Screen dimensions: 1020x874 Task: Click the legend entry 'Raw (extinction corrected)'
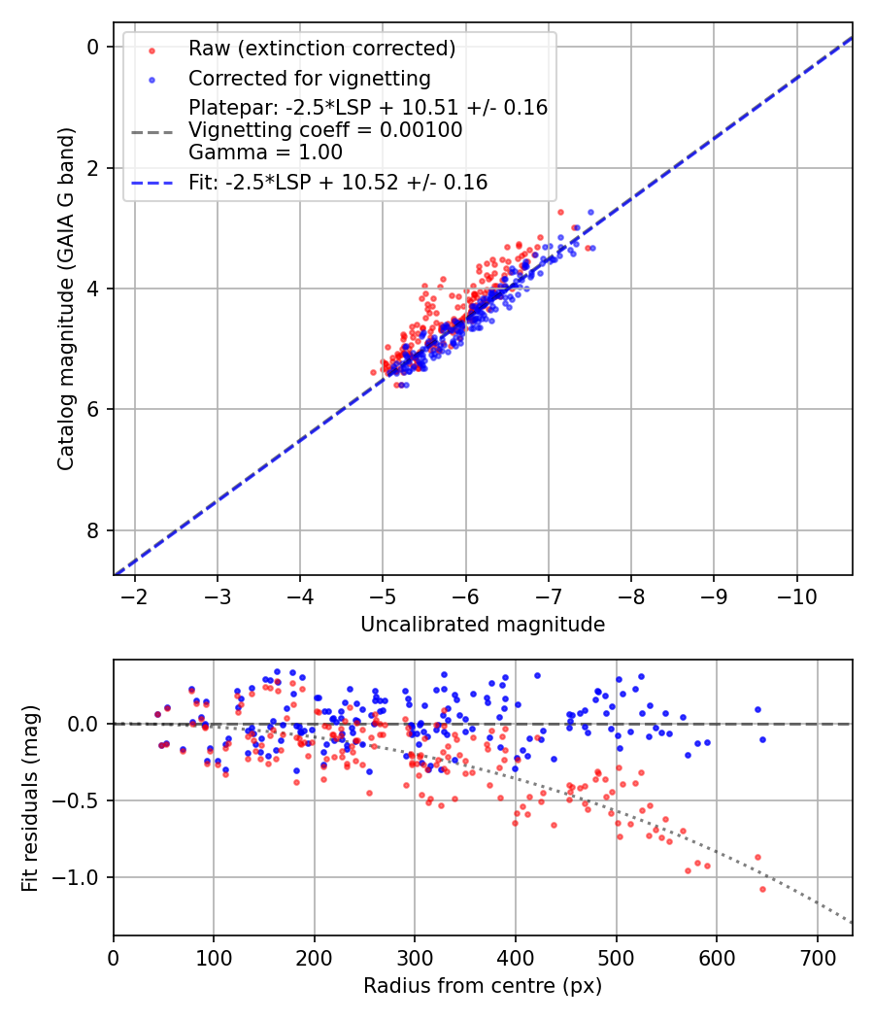tap(321, 49)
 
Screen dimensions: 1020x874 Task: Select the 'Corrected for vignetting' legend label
tap(310, 78)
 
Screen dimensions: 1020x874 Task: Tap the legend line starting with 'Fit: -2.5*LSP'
tap(338, 182)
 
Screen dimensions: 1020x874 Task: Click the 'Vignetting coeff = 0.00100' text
tap(325, 130)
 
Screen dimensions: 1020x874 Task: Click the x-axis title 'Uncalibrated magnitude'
tap(483, 625)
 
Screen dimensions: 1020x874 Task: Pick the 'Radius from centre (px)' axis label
tap(483, 986)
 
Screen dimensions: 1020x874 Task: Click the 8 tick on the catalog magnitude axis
tap(93, 530)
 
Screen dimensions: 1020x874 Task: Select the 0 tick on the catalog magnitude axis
tap(93, 47)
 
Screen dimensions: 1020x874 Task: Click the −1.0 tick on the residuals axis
tap(82, 877)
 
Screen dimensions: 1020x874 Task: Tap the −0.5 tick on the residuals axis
tap(82, 800)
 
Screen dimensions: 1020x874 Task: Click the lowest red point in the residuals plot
tap(762, 889)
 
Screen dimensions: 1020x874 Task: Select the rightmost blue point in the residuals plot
tap(762, 739)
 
